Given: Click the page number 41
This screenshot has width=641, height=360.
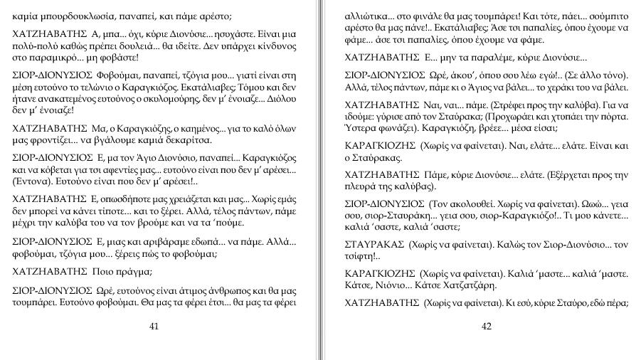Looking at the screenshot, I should pyautogui.click(x=154, y=327).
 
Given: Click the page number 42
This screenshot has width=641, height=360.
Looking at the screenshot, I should pyautogui.click(x=487, y=327).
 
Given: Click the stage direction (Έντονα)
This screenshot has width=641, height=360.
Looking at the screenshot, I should pyautogui.click(x=31, y=181).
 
